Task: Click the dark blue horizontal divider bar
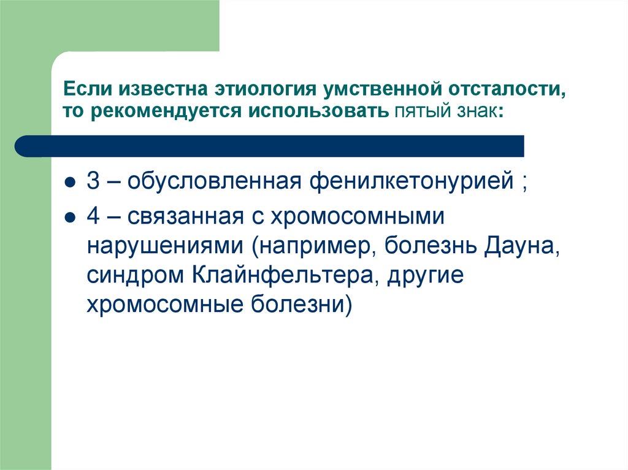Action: pos(270,146)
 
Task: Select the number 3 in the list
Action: pos(93,182)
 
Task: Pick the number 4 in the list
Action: pos(93,217)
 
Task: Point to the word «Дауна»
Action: pos(521,246)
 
